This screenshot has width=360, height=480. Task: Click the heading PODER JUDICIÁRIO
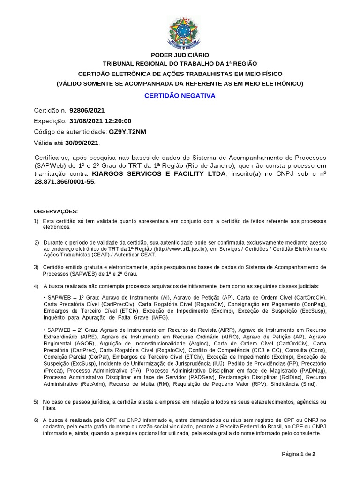click(x=180, y=55)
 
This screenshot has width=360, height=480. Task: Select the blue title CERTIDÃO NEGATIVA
click(x=180, y=95)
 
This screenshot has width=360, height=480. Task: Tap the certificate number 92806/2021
click(x=87, y=111)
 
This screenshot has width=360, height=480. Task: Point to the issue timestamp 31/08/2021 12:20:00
click(x=100, y=121)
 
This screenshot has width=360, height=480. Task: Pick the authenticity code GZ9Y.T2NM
click(x=127, y=132)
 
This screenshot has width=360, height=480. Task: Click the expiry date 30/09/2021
click(x=82, y=142)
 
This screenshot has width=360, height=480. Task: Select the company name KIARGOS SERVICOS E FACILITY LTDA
click(x=158, y=174)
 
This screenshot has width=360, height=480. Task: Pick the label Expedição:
click(x=51, y=121)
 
